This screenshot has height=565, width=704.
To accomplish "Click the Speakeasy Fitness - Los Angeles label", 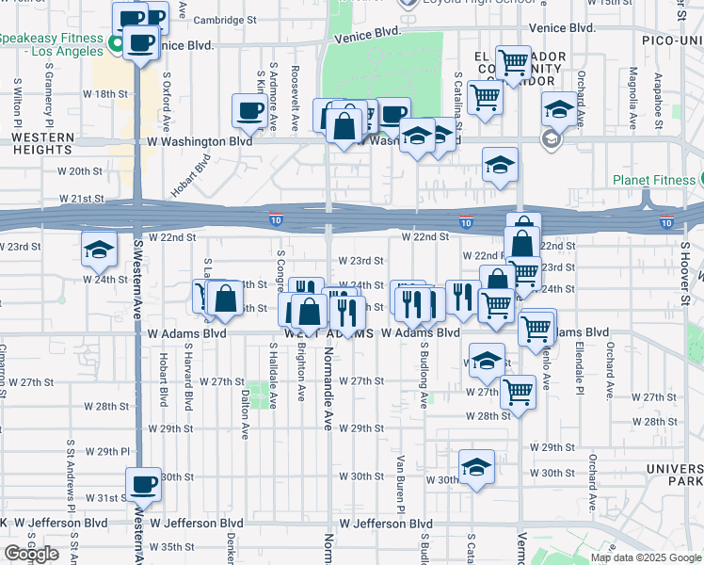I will (x=53, y=44).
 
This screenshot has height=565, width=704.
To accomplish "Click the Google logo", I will (x=31, y=554).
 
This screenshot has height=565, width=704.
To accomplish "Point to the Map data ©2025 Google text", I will (x=646, y=557).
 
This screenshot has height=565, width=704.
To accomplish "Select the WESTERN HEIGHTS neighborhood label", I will (x=42, y=144).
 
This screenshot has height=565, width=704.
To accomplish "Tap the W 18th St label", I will (x=104, y=94).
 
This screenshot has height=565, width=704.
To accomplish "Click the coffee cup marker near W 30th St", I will (x=143, y=484).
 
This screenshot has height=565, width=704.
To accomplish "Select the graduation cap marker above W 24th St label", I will (x=99, y=249).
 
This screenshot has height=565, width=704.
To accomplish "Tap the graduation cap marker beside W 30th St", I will (x=476, y=466).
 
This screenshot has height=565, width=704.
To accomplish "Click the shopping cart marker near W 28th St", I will (x=518, y=393).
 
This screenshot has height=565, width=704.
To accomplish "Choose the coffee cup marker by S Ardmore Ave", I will (x=249, y=110).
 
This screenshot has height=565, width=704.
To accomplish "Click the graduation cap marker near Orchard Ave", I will (x=559, y=110).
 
